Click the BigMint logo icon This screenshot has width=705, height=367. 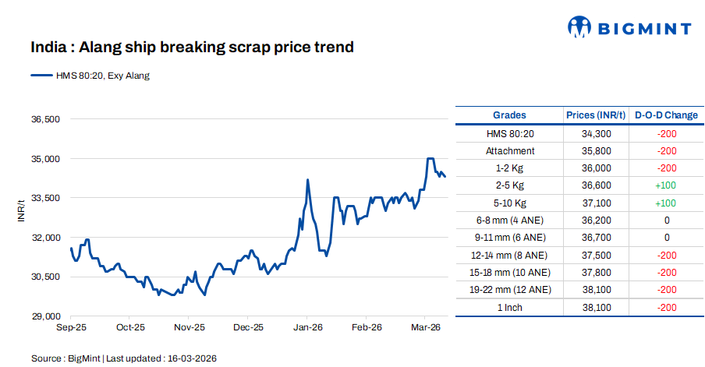pyautogui.click(x=579, y=28)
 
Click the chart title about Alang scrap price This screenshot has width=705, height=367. pyautogui.click(x=192, y=48)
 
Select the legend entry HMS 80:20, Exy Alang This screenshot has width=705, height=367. pyautogui.click(x=90, y=76)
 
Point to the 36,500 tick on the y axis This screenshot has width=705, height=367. pyautogui.click(x=44, y=119)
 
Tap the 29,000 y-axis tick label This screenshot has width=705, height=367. pyautogui.click(x=44, y=316)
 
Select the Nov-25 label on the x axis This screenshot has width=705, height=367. pyautogui.click(x=189, y=328)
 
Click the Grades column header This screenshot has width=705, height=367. pyautogui.click(x=509, y=115)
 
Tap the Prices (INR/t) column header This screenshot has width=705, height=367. pyautogui.click(x=596, y=115)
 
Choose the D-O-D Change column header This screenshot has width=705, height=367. pyautogui.click(x=666, y=115)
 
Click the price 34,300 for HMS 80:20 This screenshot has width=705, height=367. pyautogui.click(x=596, y=133)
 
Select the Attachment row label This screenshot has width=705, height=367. pyautogui.click(x=509, y=151)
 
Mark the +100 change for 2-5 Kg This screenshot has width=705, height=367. pyautogui.click(x=666, y=185)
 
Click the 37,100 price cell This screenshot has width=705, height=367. pyautogui.click(x=596, y=203)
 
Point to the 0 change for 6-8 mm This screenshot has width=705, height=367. pyautogui.click(x=666, y=221)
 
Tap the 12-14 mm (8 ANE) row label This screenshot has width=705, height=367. pyautogui.click(x=509, y=255)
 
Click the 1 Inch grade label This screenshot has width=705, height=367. pyautogui.click(x=509, y=307)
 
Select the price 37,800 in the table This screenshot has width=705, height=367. pyautogui.click(x=596, y=272)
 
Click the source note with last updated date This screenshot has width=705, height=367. pyautogui.click(x=123, y=358)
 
